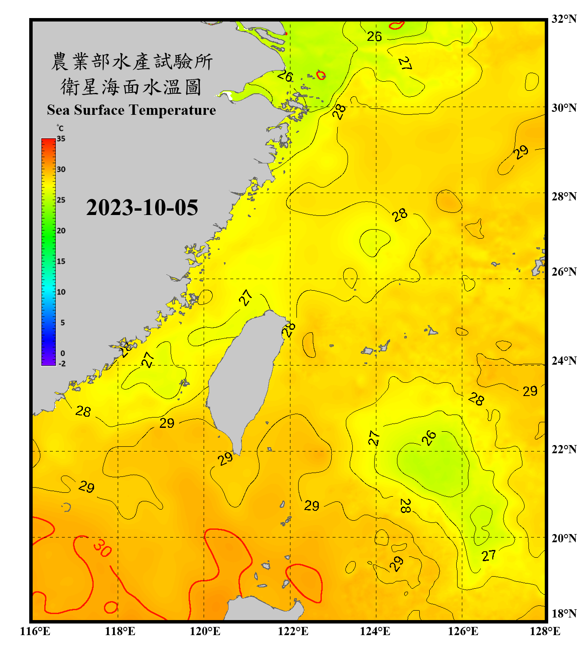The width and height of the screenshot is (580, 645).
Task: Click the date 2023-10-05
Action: tap(142, 208)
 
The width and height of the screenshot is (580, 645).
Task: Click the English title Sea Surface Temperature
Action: tap(131, 110)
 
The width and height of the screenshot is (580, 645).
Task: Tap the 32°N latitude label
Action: tap(564, 19)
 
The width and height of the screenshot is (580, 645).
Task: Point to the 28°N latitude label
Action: tap(564, 197)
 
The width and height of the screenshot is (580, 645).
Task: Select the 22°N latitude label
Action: tap(564, 449)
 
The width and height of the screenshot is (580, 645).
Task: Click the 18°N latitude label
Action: tap(564, 614)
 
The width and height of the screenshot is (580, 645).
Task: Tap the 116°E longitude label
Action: tap(35, 631)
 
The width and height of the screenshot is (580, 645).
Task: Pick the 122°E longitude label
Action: tap(293, 631)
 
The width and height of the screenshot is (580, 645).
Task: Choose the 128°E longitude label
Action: tap(545, 631)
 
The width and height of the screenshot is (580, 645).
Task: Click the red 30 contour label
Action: tap(102, 548)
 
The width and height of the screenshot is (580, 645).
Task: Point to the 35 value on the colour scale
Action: tap(61, 139)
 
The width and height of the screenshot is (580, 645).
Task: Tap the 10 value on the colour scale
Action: tap(61, 292)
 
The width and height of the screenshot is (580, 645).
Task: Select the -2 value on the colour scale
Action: tap(62, 364)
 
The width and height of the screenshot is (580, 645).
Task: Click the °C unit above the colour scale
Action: tap(60, 128)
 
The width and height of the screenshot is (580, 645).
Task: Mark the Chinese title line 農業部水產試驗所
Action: tap(131, 61)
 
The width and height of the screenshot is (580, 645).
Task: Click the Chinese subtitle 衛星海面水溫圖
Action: tap(131, 87)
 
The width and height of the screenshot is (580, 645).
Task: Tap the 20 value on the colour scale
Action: tap(61, 231)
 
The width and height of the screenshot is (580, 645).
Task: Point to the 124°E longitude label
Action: tap(375, 631)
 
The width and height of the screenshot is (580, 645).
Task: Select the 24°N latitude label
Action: tap(564, 361)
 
